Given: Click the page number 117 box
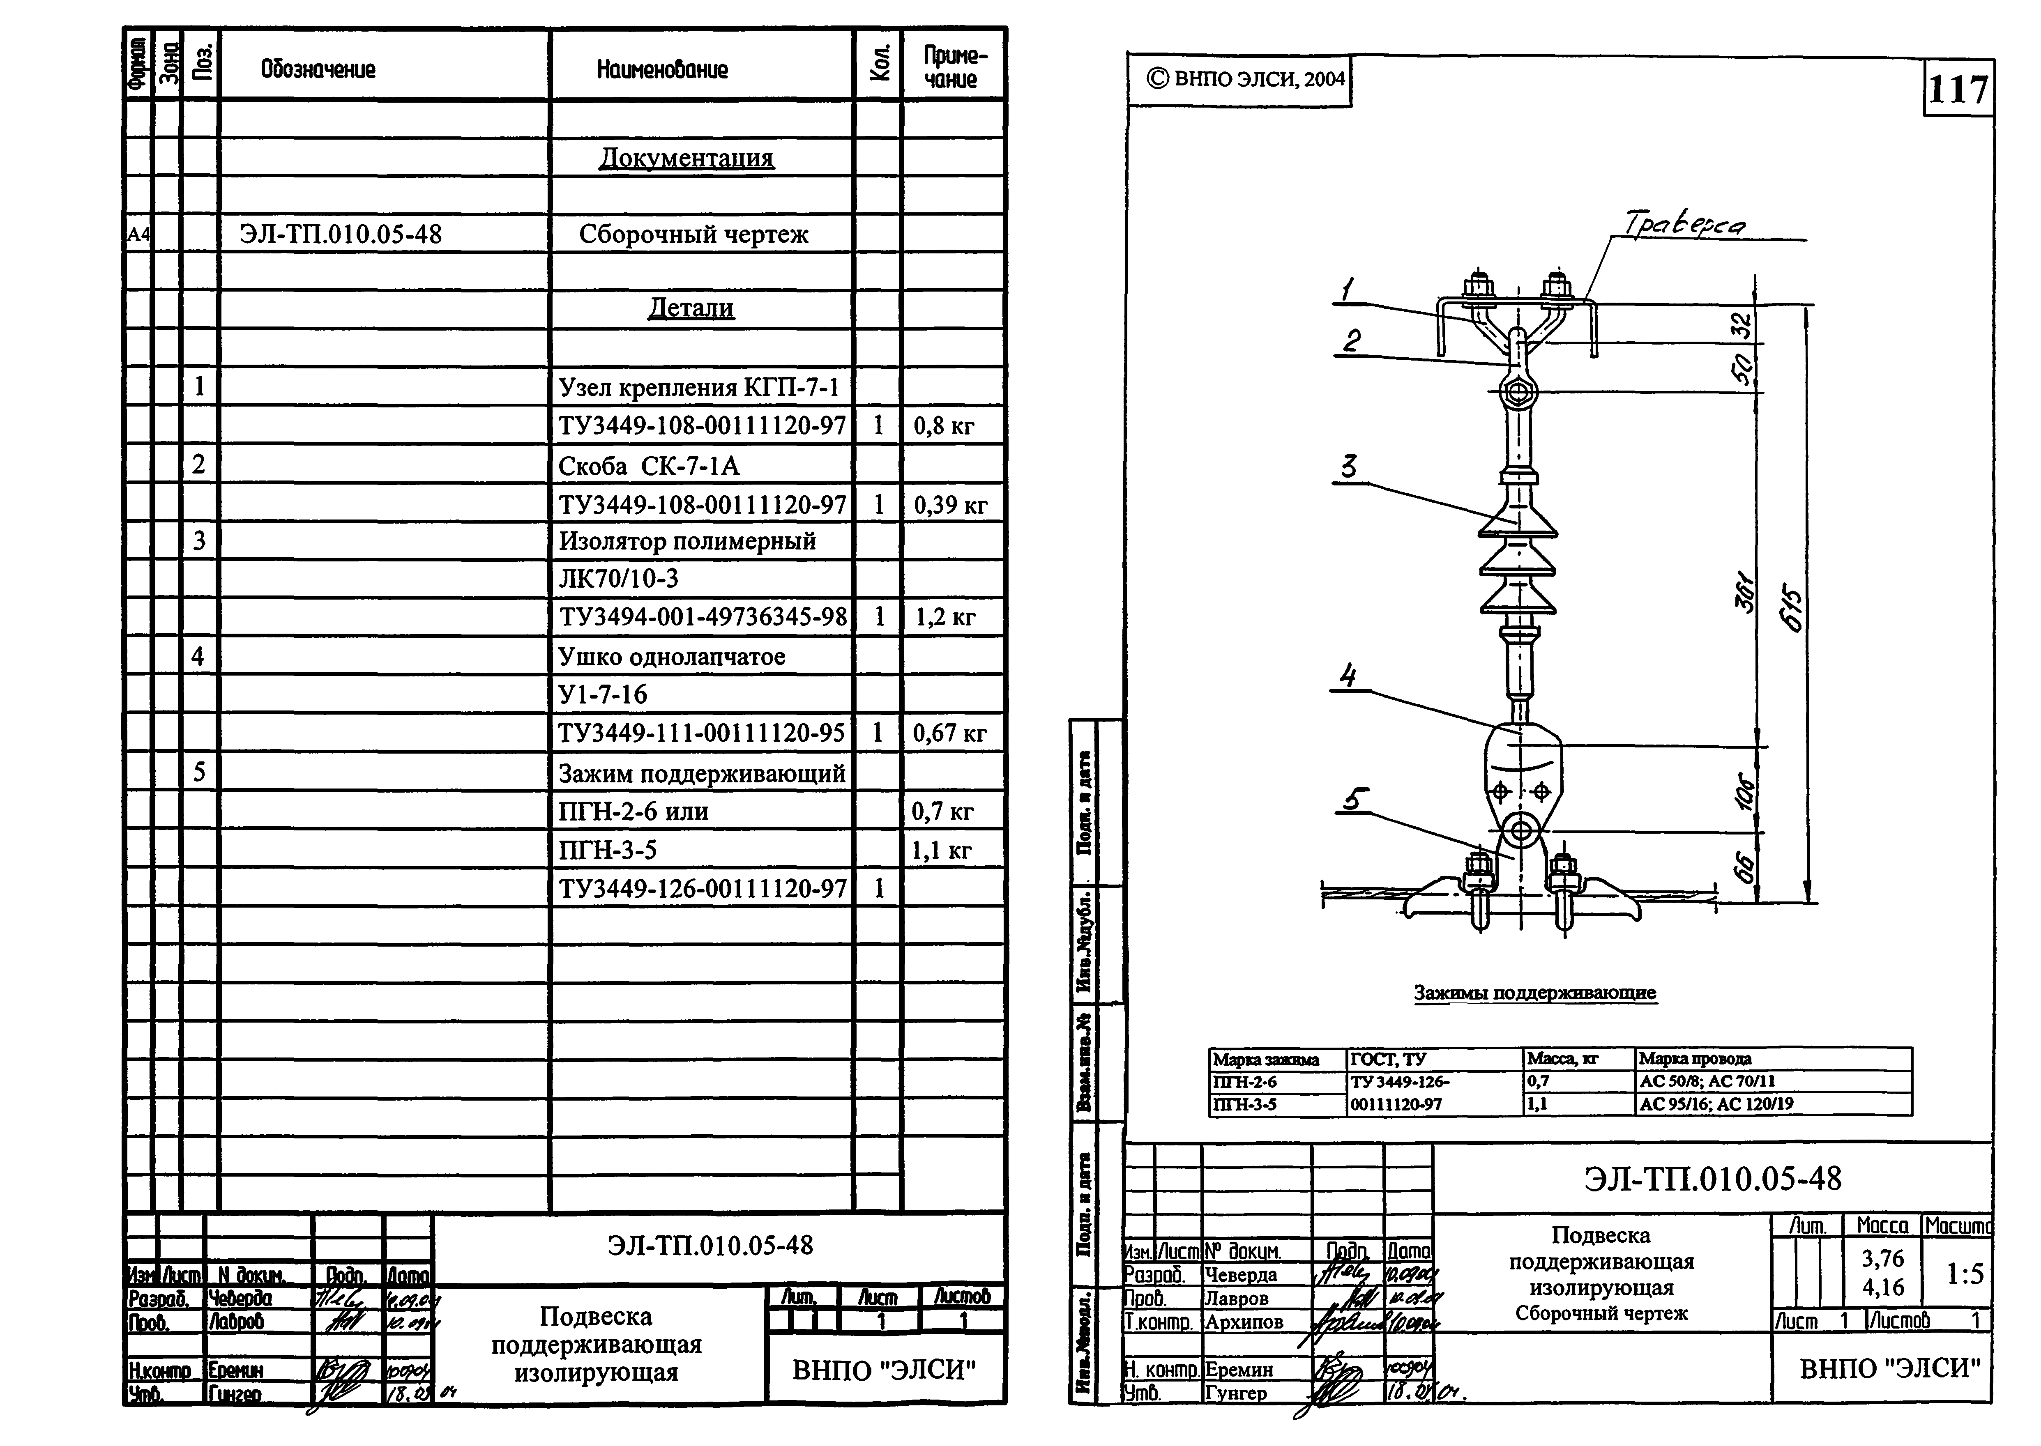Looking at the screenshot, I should tap(1957, 90).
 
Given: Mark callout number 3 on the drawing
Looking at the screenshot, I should tap(1349, 467).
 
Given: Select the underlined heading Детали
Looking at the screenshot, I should tap(691, 308).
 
